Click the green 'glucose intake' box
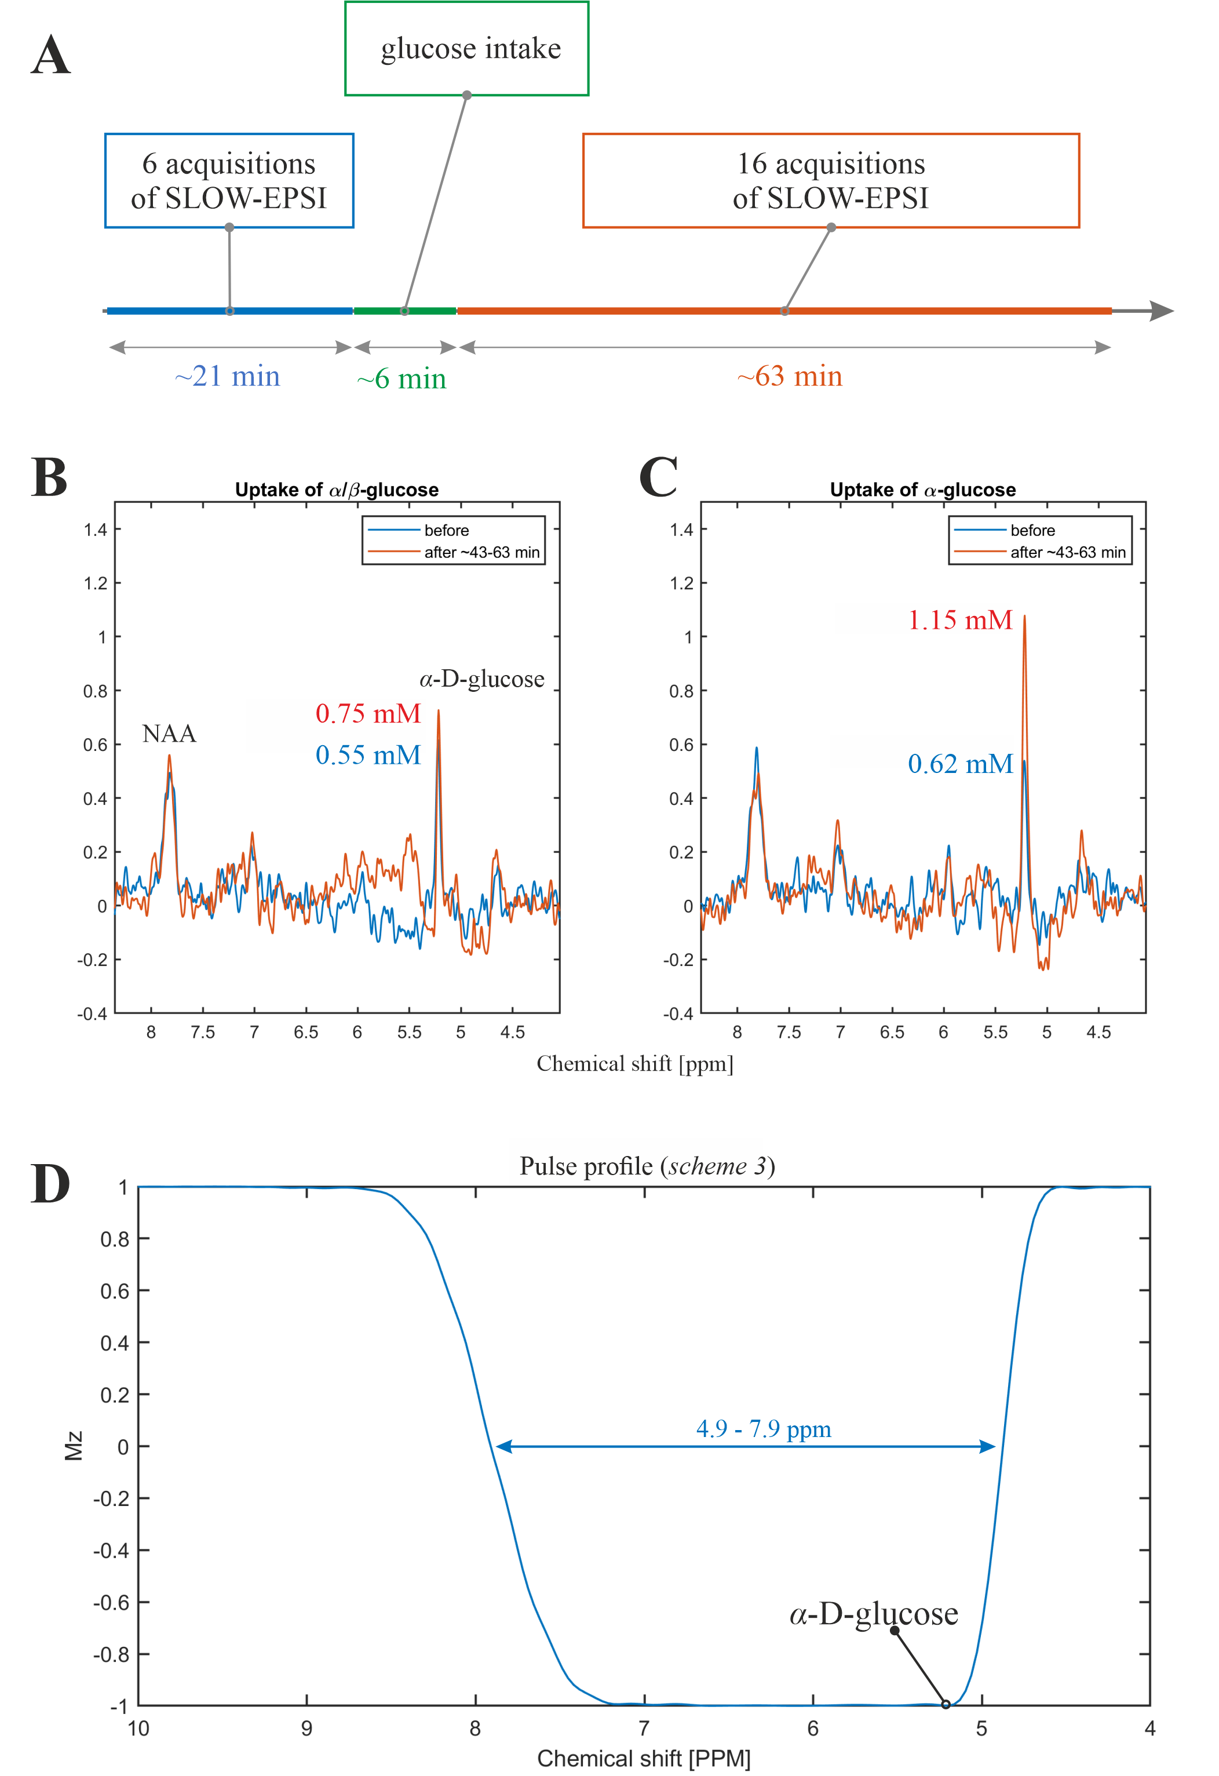[x=466, y=48]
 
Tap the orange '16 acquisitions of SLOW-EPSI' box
[x=830, y=180]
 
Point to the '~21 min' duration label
[x=227, y=376]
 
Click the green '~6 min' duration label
[x=402, y=378]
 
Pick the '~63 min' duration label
[x=790, y=376]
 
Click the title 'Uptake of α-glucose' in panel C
[x=922, y=490]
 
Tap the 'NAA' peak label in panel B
[x=169, y=734]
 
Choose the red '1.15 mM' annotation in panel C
[x=960, y=620]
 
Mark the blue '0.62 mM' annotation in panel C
[x=960, y=764]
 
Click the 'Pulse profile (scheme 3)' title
[x=647, y=1166]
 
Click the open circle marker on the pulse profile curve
[x=946, y=1704]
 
